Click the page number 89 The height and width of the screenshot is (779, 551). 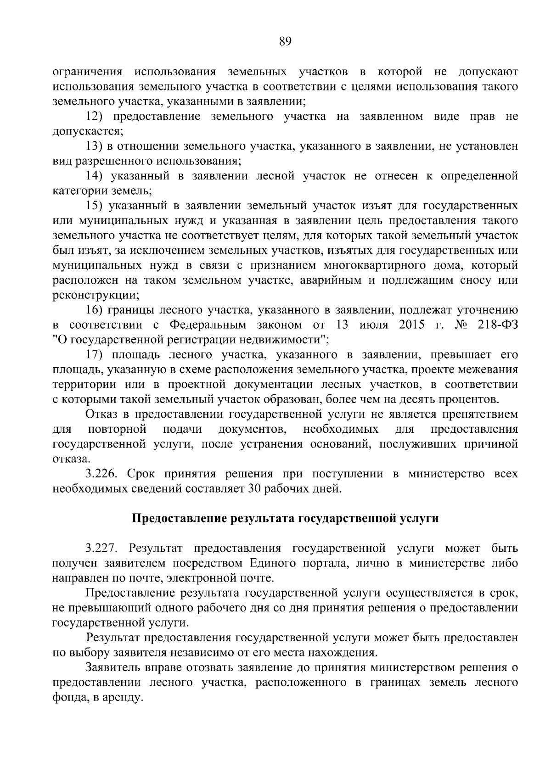point(285,42)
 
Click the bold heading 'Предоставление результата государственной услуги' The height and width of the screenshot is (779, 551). point(285,518)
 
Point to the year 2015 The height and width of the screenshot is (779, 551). point(412,325)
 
